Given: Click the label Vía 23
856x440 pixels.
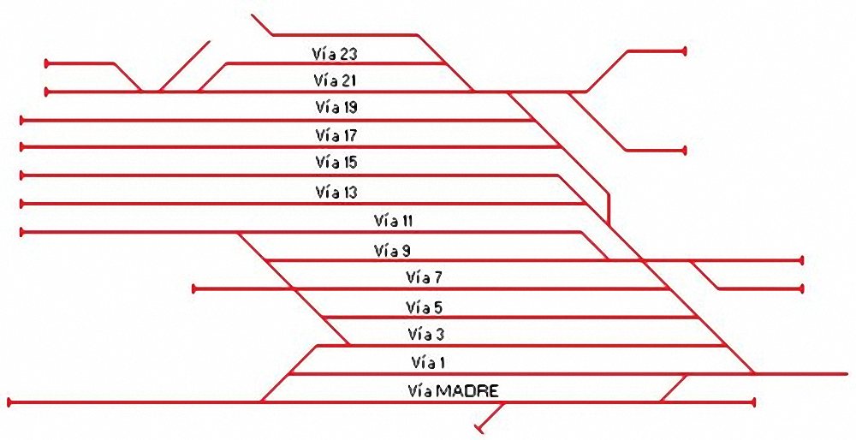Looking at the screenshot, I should click(335, 54).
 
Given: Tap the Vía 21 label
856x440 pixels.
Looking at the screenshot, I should click(335, 80).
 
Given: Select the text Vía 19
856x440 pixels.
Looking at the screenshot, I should click(336, 108).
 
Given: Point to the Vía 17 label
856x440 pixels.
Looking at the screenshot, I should click(336, 135).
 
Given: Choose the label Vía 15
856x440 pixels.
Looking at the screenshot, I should click(336, 162).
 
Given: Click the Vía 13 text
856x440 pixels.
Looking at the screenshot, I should click(336, 192).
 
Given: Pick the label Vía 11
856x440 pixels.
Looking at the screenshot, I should click(394, 220).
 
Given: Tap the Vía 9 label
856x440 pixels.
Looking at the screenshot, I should click(393, 251).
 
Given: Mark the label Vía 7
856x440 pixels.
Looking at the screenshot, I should click(425, 277).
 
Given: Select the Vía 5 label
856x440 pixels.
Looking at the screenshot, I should click(425, 306).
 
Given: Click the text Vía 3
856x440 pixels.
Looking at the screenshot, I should click(425, 334).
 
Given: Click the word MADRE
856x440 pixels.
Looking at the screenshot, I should click(467, 391).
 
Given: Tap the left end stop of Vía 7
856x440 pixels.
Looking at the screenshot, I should click(194, 289).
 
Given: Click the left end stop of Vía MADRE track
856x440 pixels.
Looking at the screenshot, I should click(9, 401).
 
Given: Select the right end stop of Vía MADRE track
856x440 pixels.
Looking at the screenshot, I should click(754, 401).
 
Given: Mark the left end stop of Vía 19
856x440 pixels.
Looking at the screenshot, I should click(22, 120).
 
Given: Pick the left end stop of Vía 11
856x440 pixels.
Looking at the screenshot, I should click(22, 231).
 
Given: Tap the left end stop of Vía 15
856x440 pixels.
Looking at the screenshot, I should click(22, 175).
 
